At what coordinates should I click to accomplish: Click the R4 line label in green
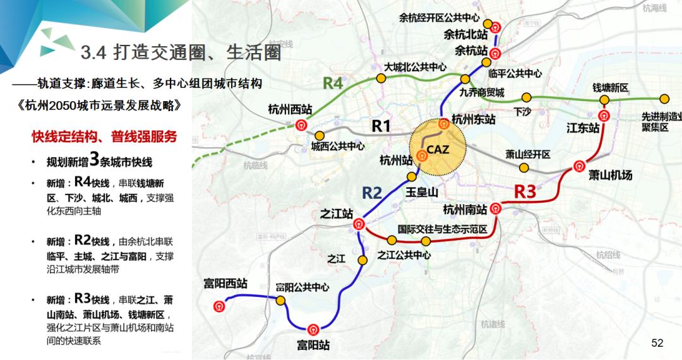point(333,83)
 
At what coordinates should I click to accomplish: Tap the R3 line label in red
point(525,191)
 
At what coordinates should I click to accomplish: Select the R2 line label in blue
point(372,193)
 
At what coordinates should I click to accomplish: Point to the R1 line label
point(381,126)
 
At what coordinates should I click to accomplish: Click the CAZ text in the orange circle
point(437,150)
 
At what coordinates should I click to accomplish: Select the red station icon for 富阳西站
point(219,306)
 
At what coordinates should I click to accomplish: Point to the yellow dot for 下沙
point(525,98)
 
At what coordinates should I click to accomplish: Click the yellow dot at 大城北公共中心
point(381,78)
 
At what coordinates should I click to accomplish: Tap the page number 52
point(657,343)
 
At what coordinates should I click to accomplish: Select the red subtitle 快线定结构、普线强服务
point(104,136)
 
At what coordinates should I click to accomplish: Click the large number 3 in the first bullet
point(95,159)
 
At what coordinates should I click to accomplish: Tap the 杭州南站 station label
point(465,210)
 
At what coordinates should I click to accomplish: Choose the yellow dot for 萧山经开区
point(523,167)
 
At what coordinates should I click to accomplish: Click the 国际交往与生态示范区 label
point(442,229)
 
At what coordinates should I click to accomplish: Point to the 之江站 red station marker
point(359,222)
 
